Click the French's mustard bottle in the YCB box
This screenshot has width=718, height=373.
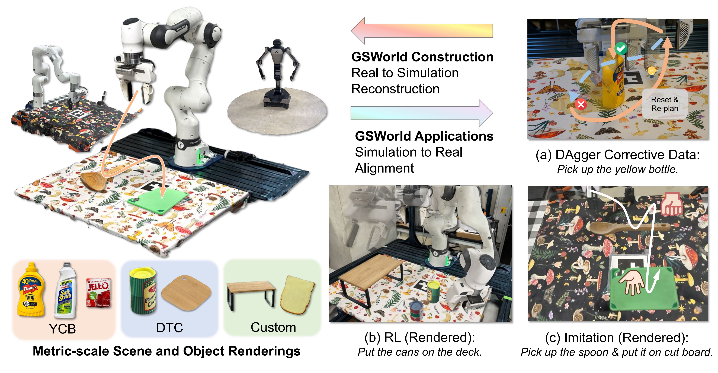(31, 289)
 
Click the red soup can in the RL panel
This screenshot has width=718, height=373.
(416, 310)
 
